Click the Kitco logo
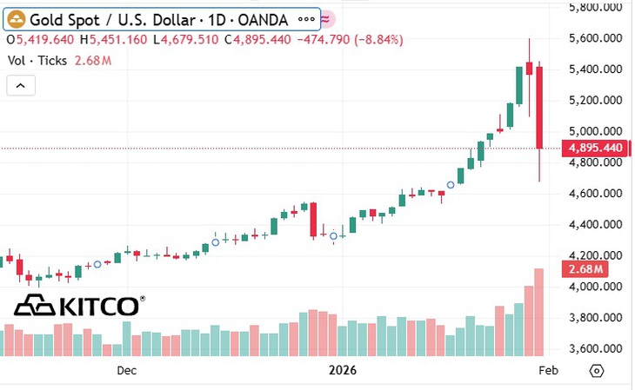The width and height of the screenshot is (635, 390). point(80,306)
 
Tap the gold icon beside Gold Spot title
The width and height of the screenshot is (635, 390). point(17,19)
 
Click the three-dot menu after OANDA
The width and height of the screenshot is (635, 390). point(306,19)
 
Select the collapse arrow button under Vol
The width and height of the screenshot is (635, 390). point(21,86)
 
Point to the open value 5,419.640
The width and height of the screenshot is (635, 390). point(45,40)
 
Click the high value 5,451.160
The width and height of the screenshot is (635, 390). point(117,40)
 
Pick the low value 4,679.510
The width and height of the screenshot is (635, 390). point(189,40)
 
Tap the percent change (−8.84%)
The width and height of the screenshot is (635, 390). point(378,40)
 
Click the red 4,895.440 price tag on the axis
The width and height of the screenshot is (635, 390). point(595,148)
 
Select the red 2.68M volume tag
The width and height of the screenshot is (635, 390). point(585,269)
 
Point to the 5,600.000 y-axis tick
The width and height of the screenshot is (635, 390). point(595,38)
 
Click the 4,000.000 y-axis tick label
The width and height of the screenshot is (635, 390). point(595,287)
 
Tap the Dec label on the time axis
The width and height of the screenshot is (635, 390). point(127,370)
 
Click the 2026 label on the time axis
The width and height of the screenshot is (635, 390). point(343,370)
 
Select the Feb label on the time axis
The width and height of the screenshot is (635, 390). point(548,370)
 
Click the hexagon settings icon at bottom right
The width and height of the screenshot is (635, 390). point(597,371)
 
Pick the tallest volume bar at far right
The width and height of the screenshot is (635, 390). point(539,313)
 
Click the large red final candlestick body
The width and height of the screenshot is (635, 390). point(539,108)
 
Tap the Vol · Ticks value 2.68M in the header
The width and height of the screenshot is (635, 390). point(93,61)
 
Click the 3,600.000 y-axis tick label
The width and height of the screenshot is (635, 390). point(595,348)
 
